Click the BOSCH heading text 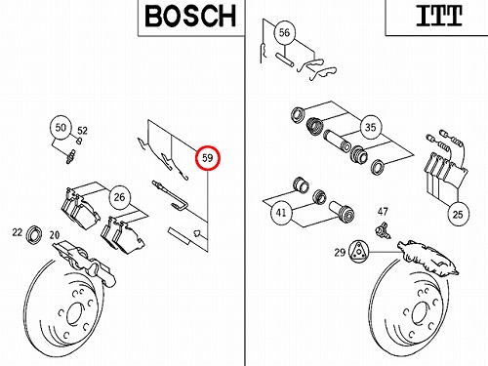190,17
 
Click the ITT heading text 439,16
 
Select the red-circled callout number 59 208,158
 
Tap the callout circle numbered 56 284,32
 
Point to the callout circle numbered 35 370,127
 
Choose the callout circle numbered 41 281,213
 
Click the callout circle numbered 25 458,215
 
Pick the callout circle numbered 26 119,197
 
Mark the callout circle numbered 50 61,127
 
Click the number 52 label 82,131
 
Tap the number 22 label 18,232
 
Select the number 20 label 55,235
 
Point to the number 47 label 383,212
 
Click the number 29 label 340,252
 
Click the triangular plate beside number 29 358,251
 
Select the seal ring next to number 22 34,234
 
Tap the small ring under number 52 79,141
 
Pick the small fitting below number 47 384,230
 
